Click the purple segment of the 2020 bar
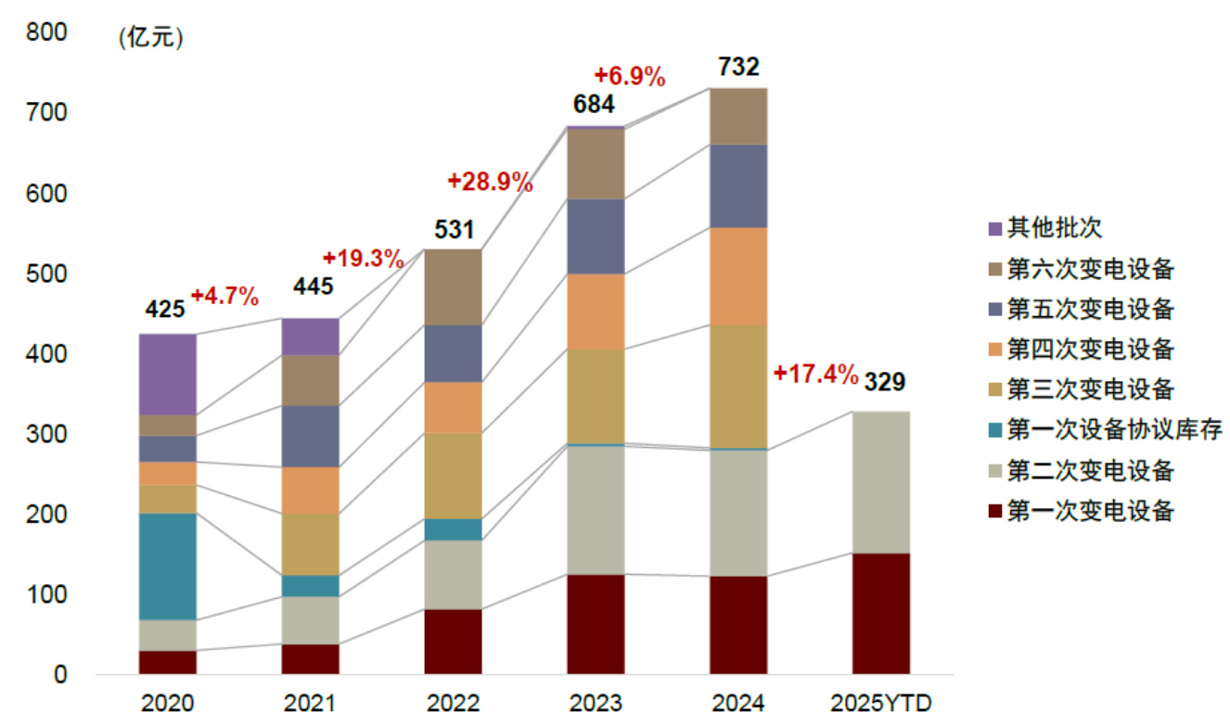(168, 374)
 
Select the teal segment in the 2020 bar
(168, 566)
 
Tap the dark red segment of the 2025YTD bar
(880, 613)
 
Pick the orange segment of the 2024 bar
(738, 276)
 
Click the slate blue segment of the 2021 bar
(311, 436)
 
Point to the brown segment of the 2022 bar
(454, 287)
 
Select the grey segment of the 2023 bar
(596, 510)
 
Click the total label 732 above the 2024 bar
(738, 67)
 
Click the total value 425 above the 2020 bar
(166, 310)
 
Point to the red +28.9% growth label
(490, 182)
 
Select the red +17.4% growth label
(814, 374)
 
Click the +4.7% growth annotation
(224, 297)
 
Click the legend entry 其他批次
(1044, 228)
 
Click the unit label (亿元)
(151, 39)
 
